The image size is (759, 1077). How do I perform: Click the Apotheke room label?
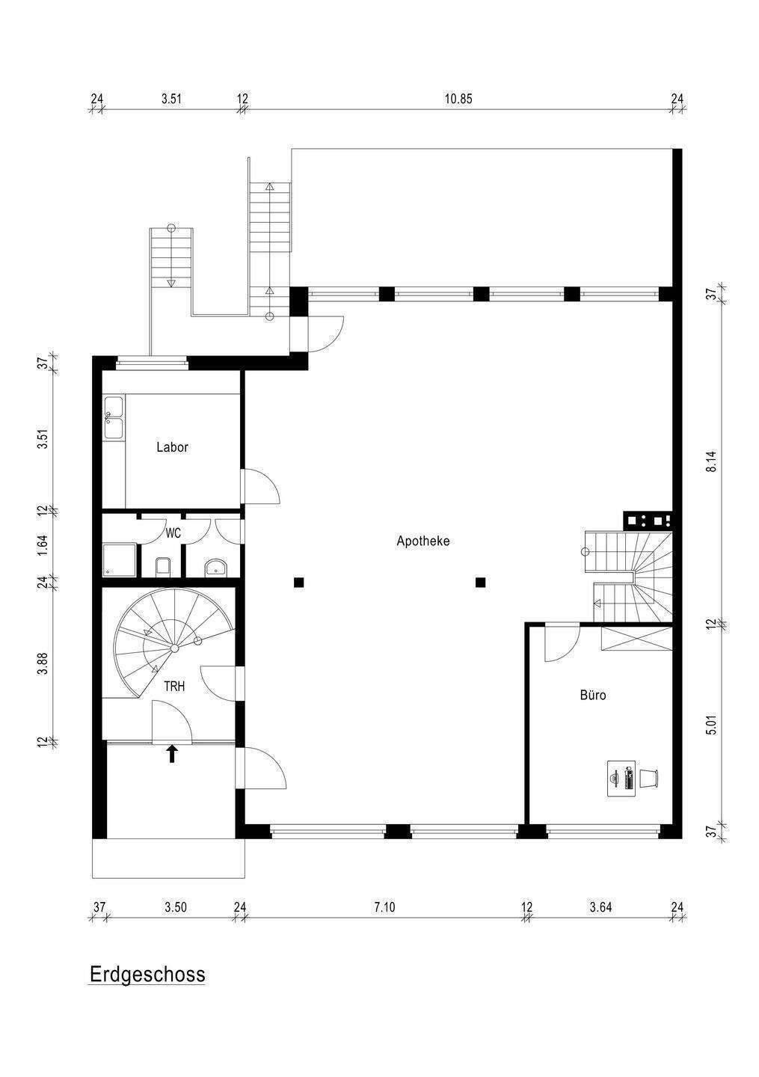tap(423, 541)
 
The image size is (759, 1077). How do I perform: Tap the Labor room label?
tap(172, 447)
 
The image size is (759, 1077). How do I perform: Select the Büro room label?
tap(593, 695)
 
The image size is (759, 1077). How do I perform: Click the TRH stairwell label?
tap(174, 686)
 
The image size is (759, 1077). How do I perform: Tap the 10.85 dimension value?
tap(458, 99)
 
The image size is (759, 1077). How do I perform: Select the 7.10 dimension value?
tap(384, 907)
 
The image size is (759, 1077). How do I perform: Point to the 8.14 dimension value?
tap(711, 461)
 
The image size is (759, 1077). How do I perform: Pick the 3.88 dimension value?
tap(43, 664)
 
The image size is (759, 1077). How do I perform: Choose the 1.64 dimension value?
tap(43, 544)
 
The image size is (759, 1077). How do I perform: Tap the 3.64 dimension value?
tap(600, 907)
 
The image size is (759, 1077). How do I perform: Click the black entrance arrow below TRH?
tap(172, 753)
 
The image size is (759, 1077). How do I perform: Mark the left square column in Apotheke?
tap(299, 583)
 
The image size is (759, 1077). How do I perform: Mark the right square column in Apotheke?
tap(480, 583)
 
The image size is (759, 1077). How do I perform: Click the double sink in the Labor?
tap(114, 417)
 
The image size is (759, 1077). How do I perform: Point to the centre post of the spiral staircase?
tap(174, 648)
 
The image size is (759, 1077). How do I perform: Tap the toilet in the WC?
tap(162, 566)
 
